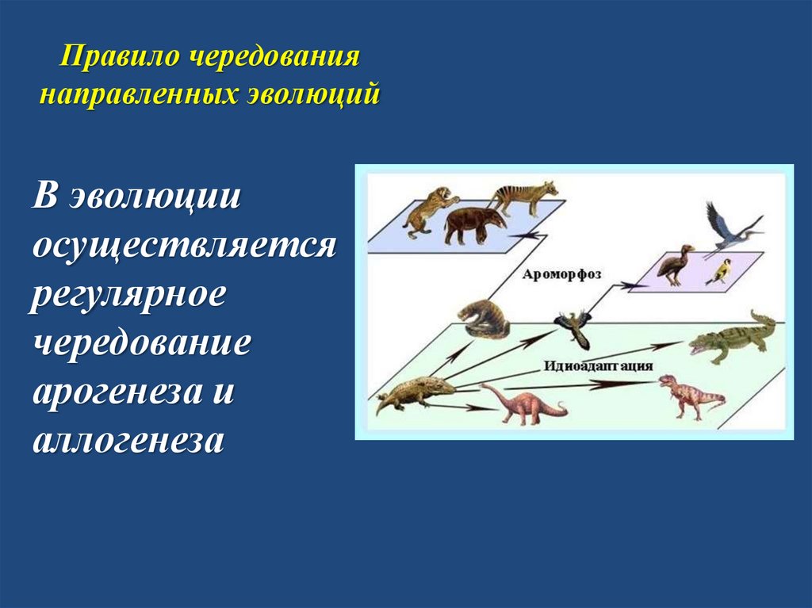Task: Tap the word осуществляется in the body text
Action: (x=184, y=245)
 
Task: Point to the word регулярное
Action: (x=129, y=295)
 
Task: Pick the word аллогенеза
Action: (x=128, y=441)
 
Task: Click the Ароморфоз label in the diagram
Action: (x=561, y=273)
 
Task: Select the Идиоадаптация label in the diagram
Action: (x=599, y=366)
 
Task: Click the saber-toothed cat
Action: (x=427, y=210)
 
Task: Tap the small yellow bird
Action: (x=719, y=272)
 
